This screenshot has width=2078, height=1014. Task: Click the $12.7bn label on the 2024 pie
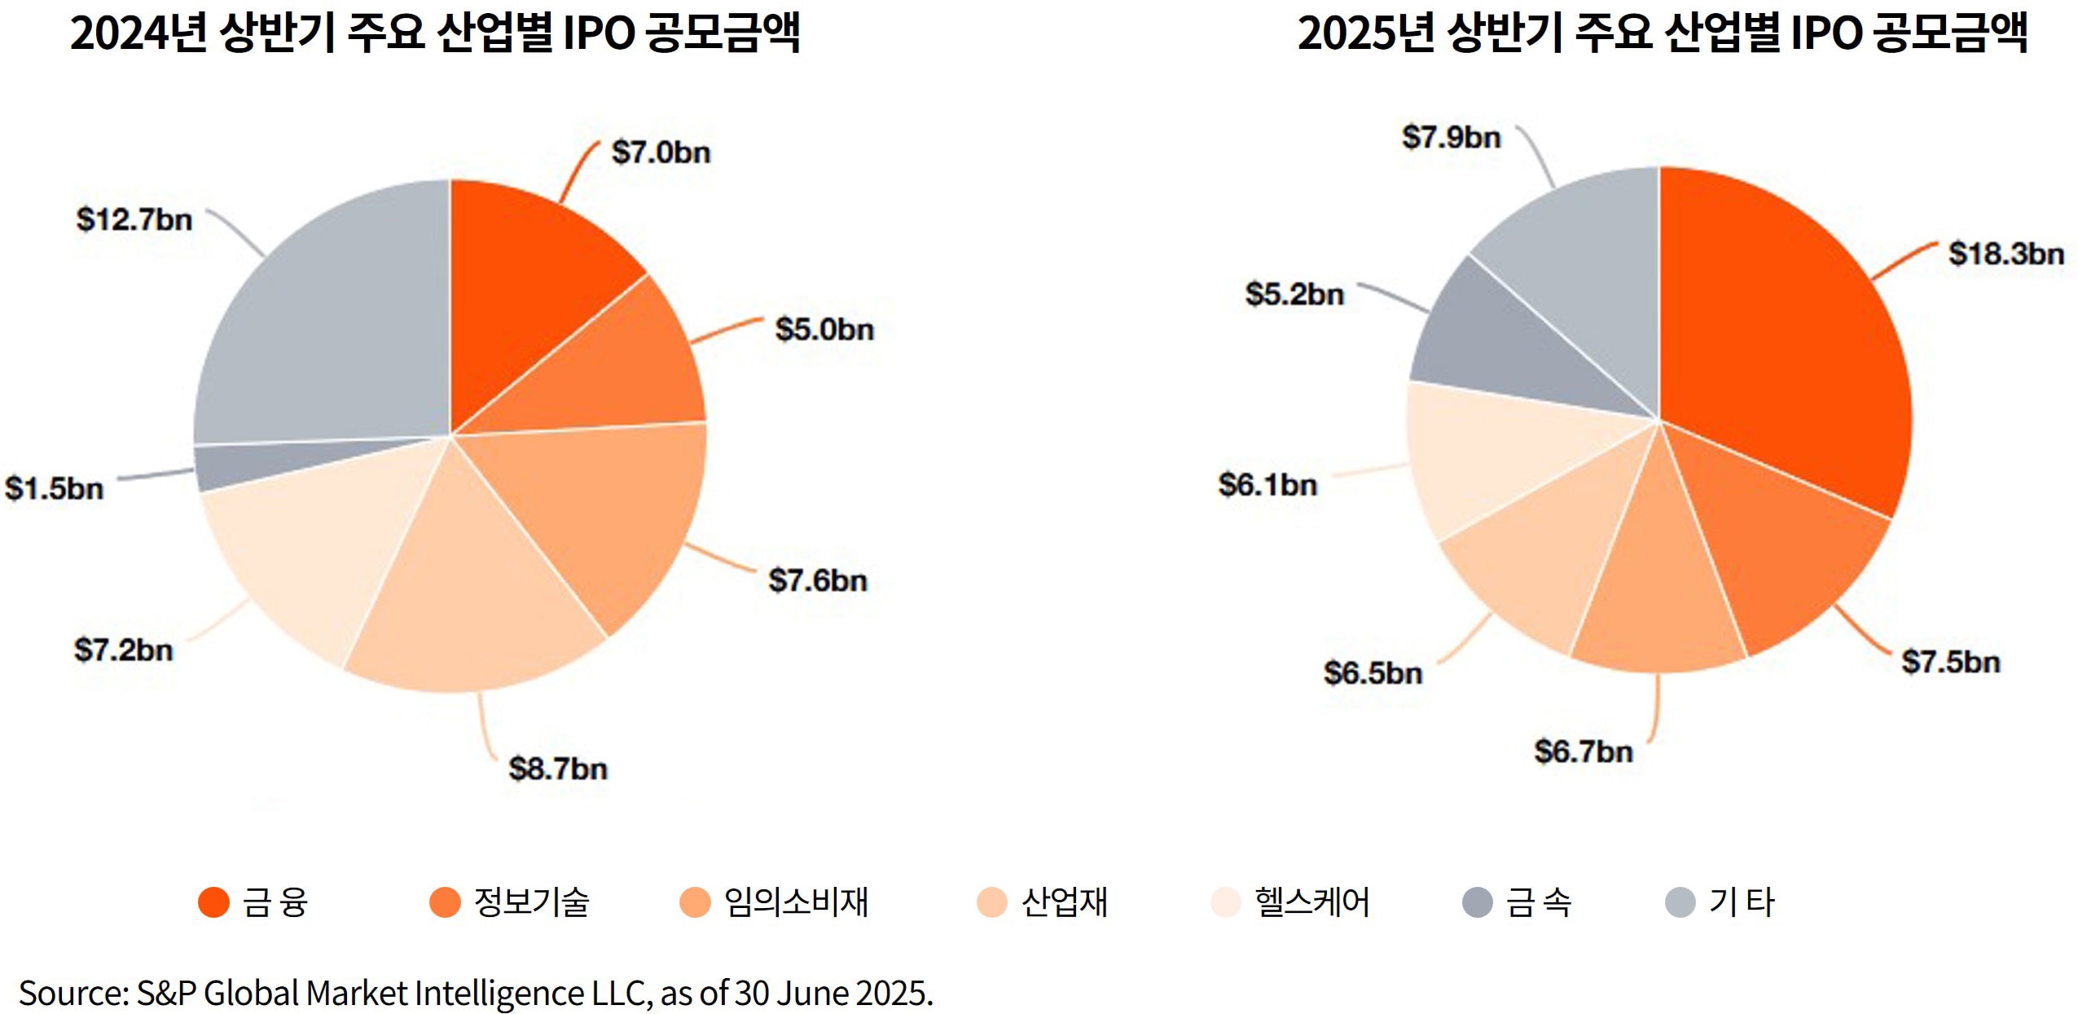[x=134, y=220]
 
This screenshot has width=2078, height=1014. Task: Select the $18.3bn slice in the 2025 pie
[x=1792, y=342]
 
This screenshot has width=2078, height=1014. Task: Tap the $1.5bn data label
[x=55, y=489]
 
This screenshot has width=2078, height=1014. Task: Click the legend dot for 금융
[x=213, y=902]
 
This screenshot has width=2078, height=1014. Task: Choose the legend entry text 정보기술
[x=531, y=902]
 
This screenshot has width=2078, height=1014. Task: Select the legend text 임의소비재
[x=796, y=902]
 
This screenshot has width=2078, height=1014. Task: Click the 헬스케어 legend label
[x=1312, y=902]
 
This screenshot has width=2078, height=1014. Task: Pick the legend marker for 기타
[x=1680, y=902]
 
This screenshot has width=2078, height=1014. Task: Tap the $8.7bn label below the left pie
[x=558, y=769]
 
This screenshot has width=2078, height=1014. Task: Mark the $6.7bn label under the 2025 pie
[x=1584, y=752]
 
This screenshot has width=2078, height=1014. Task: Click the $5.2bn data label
[x=1294, y=294]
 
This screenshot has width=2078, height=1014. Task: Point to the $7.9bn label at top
[x=1451, y=137]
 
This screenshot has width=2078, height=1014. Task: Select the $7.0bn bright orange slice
[x=529, y=269]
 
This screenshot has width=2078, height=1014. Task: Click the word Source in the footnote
[x=72, y=994]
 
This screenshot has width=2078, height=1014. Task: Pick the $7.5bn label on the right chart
[x=1950, y=662]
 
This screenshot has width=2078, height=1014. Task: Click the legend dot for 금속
[x=1477, y=902]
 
